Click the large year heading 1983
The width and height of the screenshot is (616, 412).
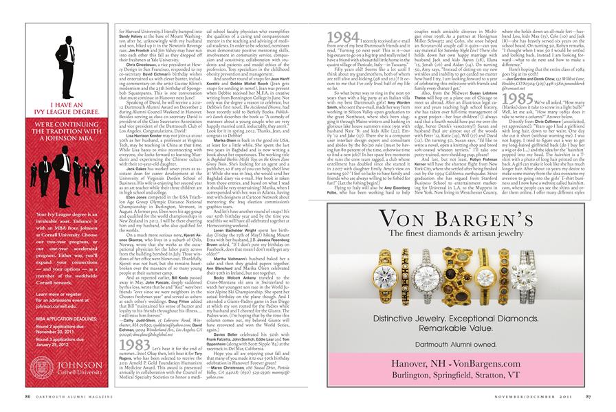(x=132, y=345)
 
